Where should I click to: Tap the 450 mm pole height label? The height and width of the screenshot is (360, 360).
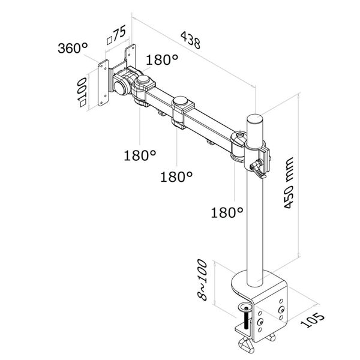point(290,182)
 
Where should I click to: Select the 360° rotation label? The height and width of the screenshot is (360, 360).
point(73,49)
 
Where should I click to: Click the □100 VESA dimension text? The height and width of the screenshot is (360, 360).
point(82,91)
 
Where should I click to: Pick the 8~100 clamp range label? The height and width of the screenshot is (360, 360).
point(203,280)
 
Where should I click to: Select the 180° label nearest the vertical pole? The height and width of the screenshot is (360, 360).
point(227,212)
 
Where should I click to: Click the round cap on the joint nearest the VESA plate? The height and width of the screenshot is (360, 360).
point(144,80)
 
